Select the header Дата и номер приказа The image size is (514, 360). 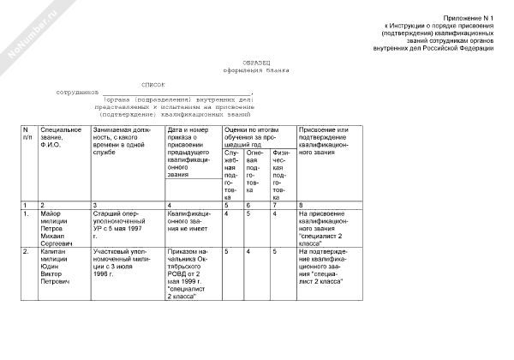(x=191, y=150)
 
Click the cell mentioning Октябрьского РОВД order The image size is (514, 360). (x=190, y=272)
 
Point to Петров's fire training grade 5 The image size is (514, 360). (x=248, y=213)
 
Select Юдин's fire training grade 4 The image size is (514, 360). (x=248, y=252)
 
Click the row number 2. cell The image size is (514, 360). (x=27, y=252)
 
